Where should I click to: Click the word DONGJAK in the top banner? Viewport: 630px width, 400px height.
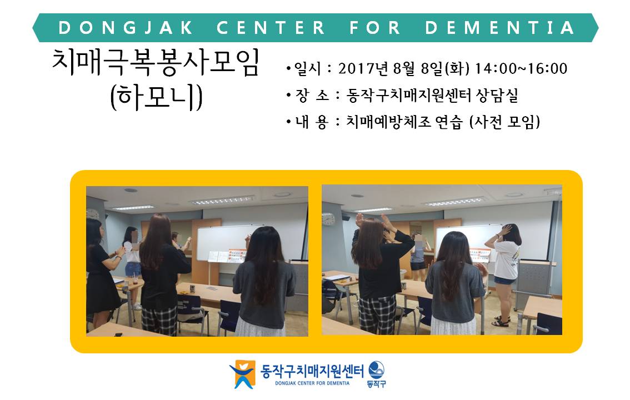click(x=126, y=28)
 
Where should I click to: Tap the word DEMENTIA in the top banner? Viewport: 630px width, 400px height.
click(x=499, y=28)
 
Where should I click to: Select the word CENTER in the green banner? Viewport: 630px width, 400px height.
click(x=271, y=28)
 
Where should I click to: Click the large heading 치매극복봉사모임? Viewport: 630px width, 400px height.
click(x=156, y=63)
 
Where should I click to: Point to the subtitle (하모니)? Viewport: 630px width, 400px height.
click(x=156, y=97)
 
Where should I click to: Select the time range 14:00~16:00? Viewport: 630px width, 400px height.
click(x=521, y=69)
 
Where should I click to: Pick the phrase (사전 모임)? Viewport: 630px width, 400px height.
click(x=504, y=122)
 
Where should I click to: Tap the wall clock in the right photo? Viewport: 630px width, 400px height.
click(x=328, y=219)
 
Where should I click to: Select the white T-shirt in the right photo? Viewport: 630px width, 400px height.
click(x=507, y=260)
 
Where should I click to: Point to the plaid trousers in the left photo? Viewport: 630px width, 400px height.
click(x=159, y=319)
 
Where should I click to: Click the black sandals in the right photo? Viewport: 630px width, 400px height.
click(x=501, y=321)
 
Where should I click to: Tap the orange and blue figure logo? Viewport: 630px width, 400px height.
click(x=242, y=374)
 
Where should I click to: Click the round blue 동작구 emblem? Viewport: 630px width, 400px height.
click(x=376, y=369)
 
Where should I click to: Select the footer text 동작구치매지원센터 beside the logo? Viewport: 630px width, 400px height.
click(x=312, y=371)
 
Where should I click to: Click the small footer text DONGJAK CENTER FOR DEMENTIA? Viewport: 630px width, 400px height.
click(x=312, y=383)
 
